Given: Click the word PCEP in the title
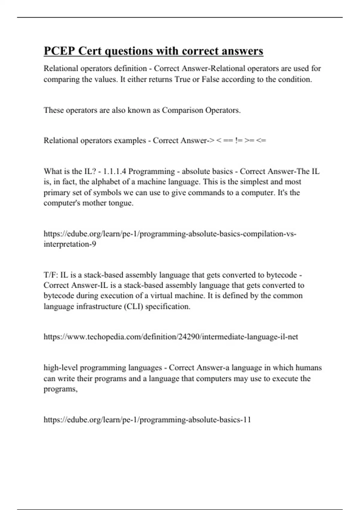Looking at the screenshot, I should pos(59,51).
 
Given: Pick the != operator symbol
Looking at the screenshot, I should pos(239,141).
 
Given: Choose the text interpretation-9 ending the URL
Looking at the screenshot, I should pos(70,244).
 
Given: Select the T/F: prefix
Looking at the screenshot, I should pos(51,275).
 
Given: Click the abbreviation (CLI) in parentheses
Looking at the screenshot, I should pos(133,307).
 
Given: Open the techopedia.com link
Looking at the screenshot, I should pos(171,337).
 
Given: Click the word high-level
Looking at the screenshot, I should pos(61,368).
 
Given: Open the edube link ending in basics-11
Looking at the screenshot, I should pos(147,420).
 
